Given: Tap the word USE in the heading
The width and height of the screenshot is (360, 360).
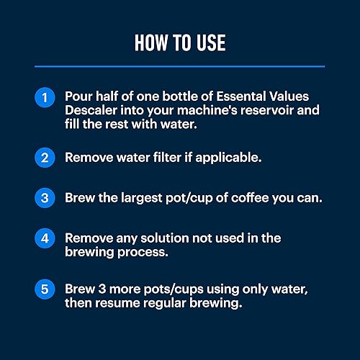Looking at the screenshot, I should (210, 42).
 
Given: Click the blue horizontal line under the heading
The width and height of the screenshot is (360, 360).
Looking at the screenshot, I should (180, 66).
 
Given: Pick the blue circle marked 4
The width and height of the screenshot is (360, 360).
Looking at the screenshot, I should (45, 237).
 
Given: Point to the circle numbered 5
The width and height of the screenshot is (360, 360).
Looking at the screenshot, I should (45, 288).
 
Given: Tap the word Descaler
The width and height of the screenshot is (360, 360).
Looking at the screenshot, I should (94, 112).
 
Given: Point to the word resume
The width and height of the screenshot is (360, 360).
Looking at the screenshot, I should (119, 304).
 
